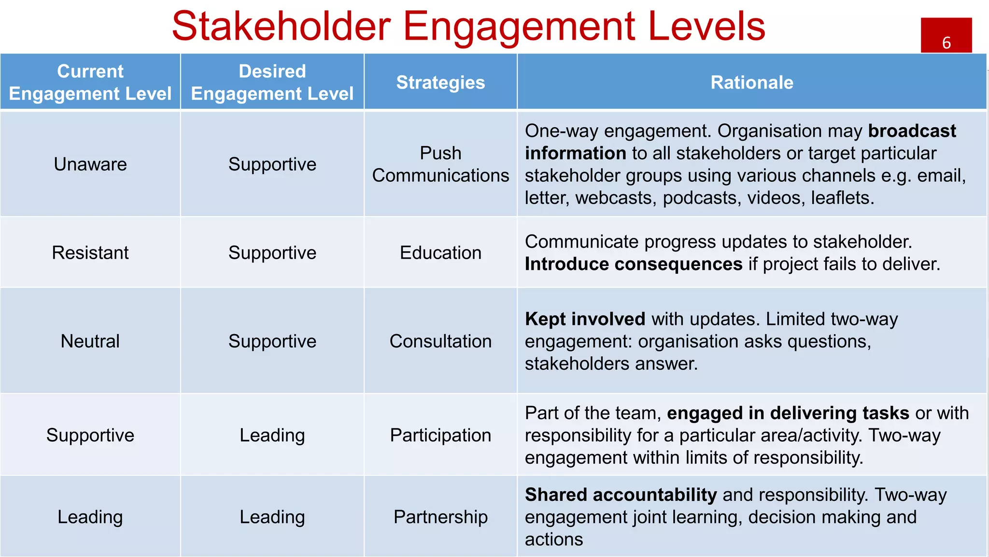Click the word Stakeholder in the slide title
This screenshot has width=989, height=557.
(x=281, y=26)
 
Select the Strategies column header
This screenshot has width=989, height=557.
(x=440, y=83)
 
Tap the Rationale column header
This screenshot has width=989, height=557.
(x=751, y=83)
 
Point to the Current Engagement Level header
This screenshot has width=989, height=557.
(x=90, y=82)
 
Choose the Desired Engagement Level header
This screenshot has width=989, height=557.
(x=272, y=82)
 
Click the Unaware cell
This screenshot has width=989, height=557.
(x=90, y=164)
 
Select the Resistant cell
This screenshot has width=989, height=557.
(x=90, y=253)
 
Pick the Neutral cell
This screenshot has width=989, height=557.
(x=90, y=341)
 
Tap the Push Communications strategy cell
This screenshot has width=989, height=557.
(x=440, y=164)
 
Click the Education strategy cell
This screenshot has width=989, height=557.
(x=440, y=253)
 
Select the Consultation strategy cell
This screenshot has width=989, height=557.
(x=440, y=341)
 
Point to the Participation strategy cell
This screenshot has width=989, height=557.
(x=440, y=435)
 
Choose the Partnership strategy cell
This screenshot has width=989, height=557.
(x=440, y=517)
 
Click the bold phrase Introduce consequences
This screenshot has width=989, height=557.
(x=633, y=264)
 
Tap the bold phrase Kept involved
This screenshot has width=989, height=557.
(x=585, y=319)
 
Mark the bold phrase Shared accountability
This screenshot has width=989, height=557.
(x=621, y=495)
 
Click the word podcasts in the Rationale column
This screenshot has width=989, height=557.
(x=701, y=198)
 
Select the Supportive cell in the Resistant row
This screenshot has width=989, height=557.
(x=272, y=253)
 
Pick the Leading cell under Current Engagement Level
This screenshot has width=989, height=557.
(x=90, y=517)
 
